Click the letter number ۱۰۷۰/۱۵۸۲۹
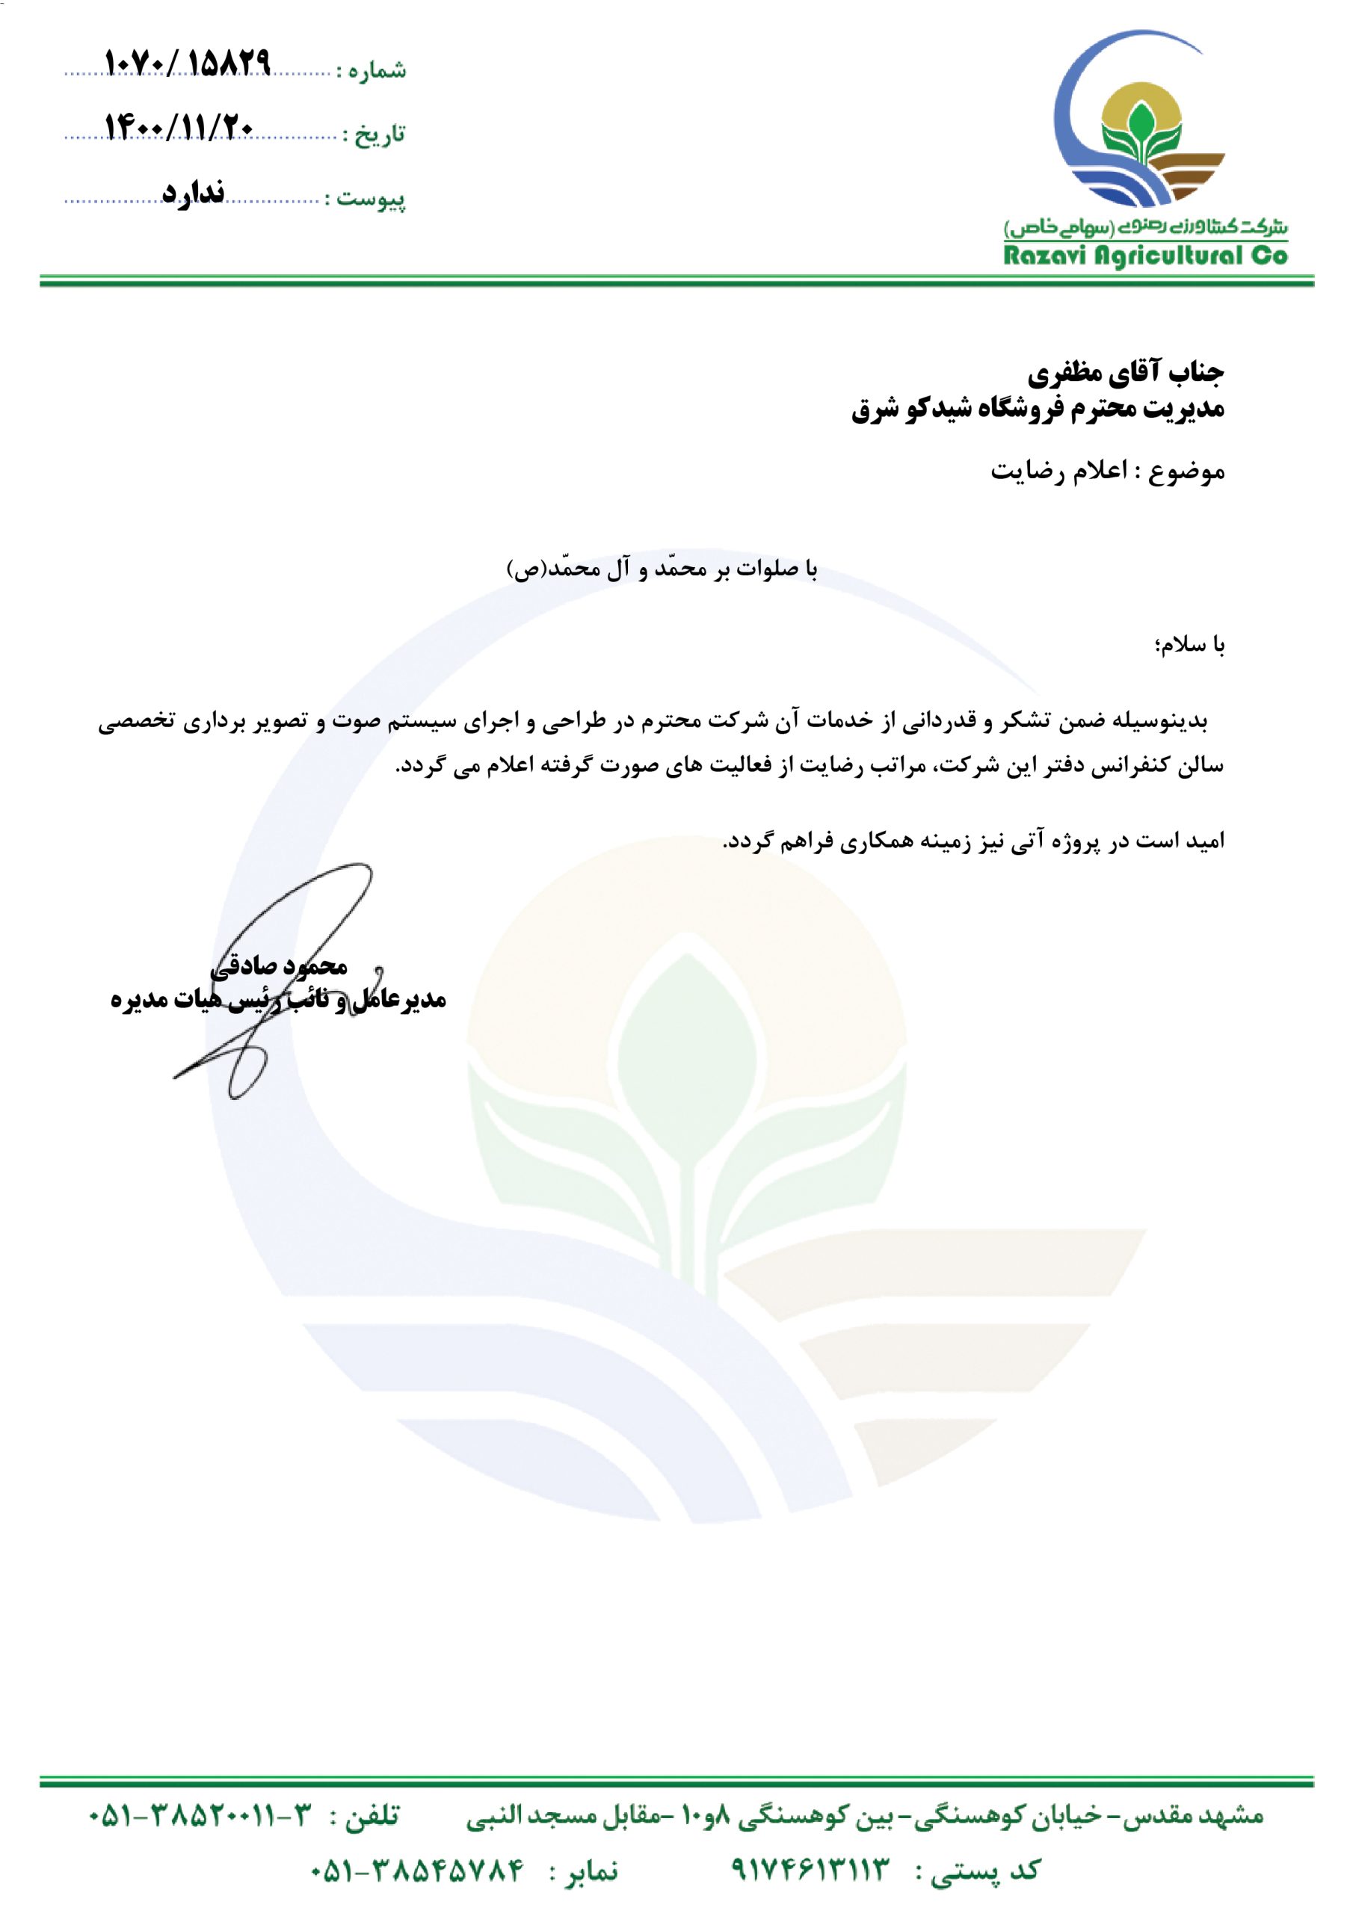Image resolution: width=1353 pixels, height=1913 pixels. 188,64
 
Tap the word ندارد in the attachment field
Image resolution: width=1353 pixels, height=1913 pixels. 194,193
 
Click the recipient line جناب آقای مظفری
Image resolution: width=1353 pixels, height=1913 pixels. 1126,374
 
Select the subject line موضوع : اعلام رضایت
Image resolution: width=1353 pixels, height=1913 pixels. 1107,472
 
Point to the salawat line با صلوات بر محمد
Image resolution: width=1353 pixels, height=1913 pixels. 663,569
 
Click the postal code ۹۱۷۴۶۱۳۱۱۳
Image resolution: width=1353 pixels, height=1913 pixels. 810,1870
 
